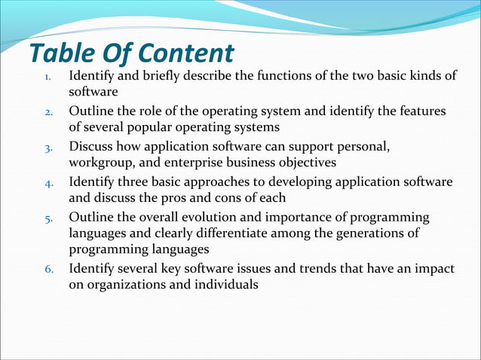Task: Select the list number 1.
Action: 47,78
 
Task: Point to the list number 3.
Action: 47,148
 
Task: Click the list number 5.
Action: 47,218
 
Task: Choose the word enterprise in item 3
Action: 195,163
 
